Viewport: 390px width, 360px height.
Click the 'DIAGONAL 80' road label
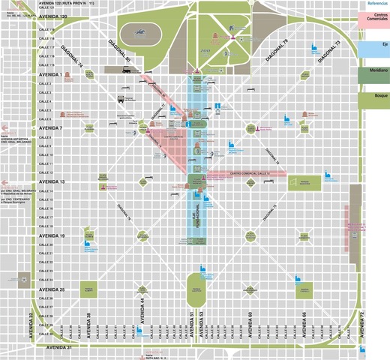coord(119,49)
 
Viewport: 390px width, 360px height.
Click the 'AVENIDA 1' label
coord(50,75)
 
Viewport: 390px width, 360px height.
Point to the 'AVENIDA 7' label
coord(50,128)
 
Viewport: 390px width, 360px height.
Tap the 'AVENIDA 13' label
coord(51,182)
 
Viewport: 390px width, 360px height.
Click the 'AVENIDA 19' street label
coord(51,235)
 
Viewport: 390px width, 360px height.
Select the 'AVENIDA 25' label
coord(51,289)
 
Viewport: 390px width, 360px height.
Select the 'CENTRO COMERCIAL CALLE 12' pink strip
coord(247,173)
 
